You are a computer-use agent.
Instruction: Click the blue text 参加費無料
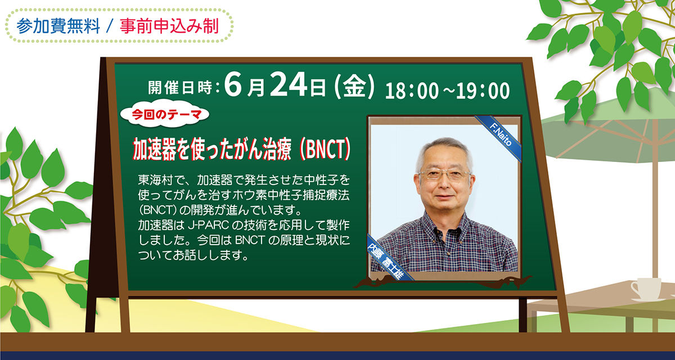click(58, 26)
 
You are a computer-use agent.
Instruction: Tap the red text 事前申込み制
click(169, 26)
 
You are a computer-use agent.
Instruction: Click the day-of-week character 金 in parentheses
click(354, 87)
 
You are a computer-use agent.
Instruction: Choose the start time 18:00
click(412, 91)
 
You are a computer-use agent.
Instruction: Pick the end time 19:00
click(483, 91)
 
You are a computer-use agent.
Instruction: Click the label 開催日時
click(180, 87)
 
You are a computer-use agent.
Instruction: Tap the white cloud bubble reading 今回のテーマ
click(164, 114)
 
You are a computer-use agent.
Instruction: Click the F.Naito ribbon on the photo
click(499, 137)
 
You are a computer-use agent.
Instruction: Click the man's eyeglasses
click(444, 174)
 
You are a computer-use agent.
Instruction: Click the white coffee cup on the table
click(646, 289)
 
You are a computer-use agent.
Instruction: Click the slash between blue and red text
click(110, 26)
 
